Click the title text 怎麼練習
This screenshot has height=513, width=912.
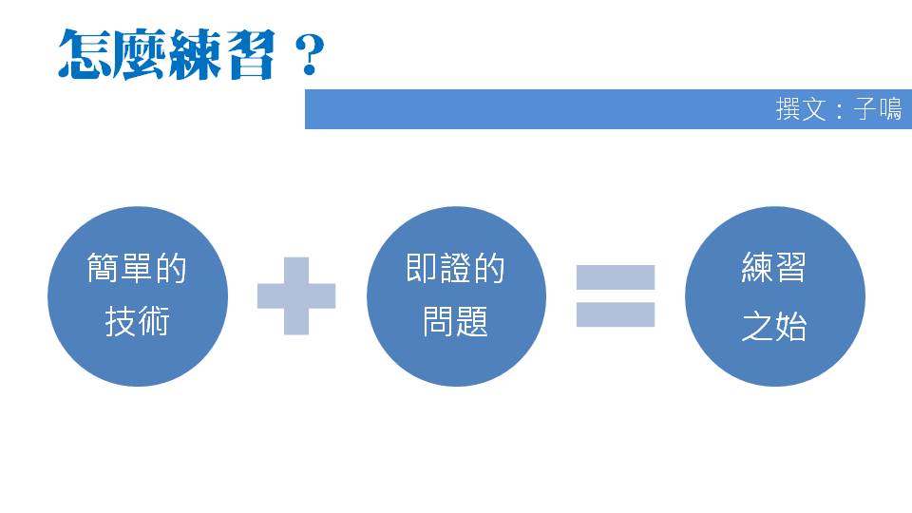click(x=167, y=54)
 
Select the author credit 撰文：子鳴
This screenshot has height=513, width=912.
click(x=838, y=109)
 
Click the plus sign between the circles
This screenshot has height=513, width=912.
click(x=296, y=295)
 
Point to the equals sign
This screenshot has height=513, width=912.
click(x=616, y=295)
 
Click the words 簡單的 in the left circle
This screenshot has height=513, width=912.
click(x=137, y=269)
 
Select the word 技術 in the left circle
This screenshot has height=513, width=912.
click(x=137, y=323)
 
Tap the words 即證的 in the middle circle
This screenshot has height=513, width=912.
click(x=456, y=269)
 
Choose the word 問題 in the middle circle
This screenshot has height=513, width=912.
click(x=456, y=323)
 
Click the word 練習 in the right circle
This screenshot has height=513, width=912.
click(x=774, y=269)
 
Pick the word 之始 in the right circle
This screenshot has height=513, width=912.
click(x=774, y=327)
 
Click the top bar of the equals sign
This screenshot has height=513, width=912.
click(x=616, y=277)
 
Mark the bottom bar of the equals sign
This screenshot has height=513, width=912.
click(x=616, y=314)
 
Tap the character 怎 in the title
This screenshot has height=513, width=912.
click(x=85, y=54)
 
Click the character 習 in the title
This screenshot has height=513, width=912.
click(x=250, y=54)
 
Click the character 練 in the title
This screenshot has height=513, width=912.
click(x=195, y=54)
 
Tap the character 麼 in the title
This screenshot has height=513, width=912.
click(x=140, y=54)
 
